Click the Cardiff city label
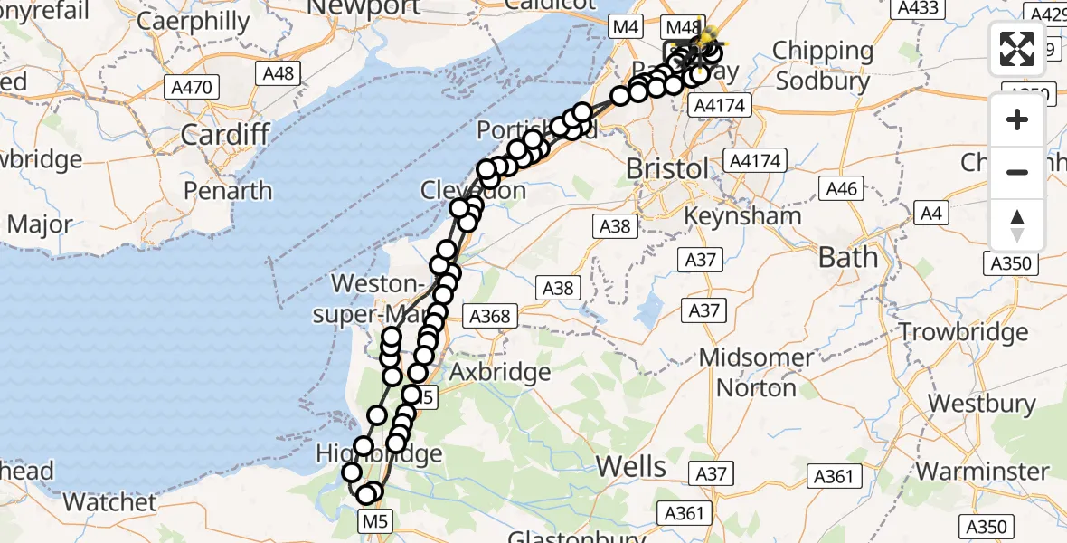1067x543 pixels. coord(225,135)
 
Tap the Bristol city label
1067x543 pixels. coord(668,169)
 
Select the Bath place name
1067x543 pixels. coord(847,257)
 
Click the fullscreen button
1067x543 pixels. coord(1017,49)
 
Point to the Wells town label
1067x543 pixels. coord(632,466)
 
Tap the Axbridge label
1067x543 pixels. coord(500,372)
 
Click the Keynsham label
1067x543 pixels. coord(743,216)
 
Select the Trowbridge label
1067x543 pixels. coord(963,331)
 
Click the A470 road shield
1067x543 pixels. coord(191,88)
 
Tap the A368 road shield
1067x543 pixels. coord(489,316)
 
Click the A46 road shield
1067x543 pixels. coord(840,188)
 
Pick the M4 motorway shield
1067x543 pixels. coord(625,27)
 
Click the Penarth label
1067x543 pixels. coord(227,190)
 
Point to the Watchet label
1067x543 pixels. coord(109,501)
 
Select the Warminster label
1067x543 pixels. coord(982,471)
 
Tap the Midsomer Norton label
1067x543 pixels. coord(756,372)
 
